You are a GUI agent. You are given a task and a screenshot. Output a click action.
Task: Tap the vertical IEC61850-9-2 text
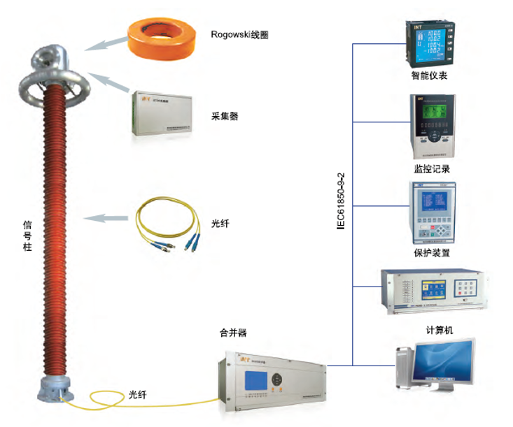[341, 200]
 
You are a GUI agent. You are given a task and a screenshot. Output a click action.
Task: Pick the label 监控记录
[430, 168]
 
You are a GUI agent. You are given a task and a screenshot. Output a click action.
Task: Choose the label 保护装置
[432, 252]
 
